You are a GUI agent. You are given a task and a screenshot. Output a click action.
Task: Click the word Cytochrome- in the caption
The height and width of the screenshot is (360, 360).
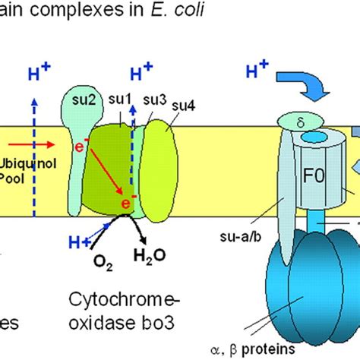(130, 295)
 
